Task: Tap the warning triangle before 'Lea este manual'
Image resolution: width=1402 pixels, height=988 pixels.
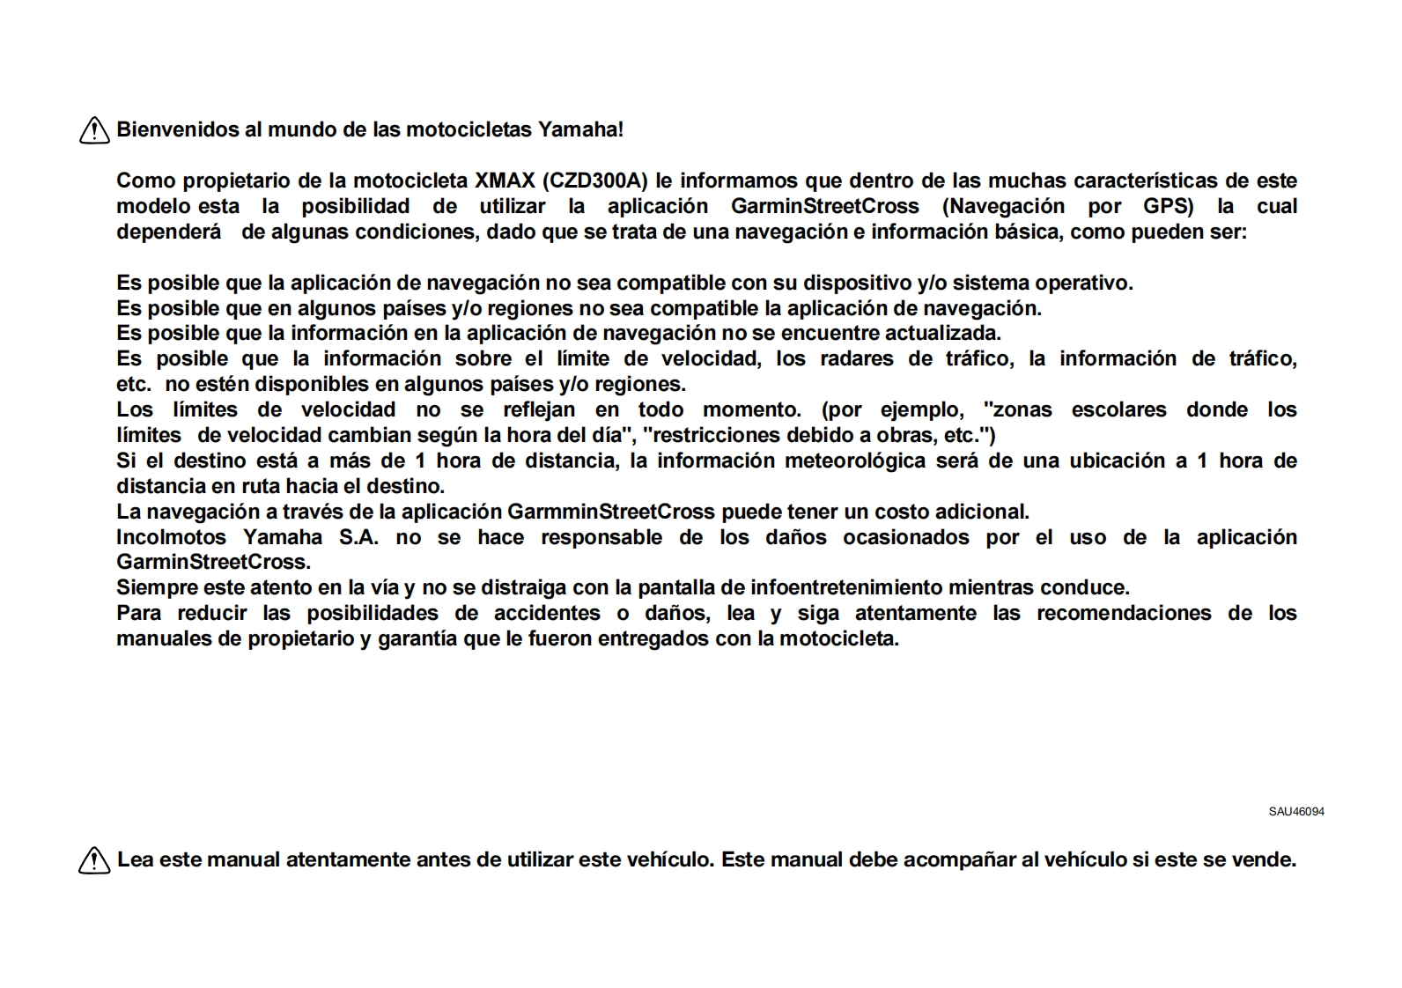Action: coord(94,859)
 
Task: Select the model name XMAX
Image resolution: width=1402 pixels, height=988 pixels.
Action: coord(505,181)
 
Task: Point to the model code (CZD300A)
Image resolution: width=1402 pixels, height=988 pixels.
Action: coord(595,181)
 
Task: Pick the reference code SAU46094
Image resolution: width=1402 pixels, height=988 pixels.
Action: coord(1296,811)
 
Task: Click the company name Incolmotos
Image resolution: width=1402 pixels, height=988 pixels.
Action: coord(171,537)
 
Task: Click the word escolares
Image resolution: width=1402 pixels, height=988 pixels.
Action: coord(1118,409)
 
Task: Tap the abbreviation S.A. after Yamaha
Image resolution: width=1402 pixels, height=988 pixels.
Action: coord(359,537)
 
